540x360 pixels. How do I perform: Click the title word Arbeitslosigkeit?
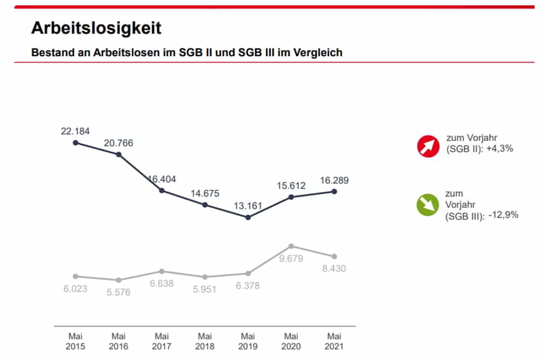(96, 28)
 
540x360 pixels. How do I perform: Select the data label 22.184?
(75, 131)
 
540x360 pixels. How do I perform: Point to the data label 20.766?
(118, 143)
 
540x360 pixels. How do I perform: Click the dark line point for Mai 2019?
(248, 218)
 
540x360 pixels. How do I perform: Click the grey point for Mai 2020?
(291, 246)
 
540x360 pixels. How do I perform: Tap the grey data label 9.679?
(291, 259)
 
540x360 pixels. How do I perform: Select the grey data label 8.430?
(334, 268)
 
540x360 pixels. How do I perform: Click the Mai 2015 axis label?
(75, 341)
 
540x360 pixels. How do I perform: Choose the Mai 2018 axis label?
(205, 341)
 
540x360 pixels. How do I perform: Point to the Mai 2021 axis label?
(334, 341)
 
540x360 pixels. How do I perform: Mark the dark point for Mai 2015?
(75, 142)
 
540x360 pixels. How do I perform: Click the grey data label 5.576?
(118, 292)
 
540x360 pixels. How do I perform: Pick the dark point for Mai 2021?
(334, 192)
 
